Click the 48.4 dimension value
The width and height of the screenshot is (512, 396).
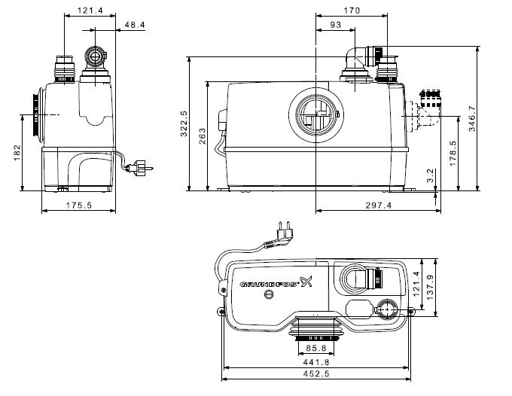coord(135,26)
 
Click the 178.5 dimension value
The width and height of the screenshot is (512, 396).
coord(453,153)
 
